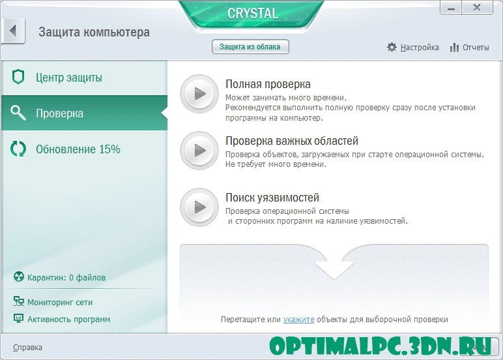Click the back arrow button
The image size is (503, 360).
point(13,31)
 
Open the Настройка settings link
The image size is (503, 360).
point(419,48)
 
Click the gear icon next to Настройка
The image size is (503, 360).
point(392,47)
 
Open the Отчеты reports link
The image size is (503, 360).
point(476,48)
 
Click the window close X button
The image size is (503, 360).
point(477,8)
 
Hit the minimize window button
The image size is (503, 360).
point(451,8)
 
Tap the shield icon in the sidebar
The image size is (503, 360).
point(18,77)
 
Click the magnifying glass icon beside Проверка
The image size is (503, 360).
point(18,113)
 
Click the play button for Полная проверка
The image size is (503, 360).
point(199,94)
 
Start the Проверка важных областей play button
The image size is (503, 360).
point(199,150)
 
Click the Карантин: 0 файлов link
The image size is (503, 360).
point(66,277)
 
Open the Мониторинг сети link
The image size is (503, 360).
point(60,302)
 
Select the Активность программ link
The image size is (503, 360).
point(68,319)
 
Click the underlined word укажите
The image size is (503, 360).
point(298,320)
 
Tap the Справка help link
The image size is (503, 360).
point(27,348)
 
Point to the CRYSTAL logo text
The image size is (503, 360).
point(252,14)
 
